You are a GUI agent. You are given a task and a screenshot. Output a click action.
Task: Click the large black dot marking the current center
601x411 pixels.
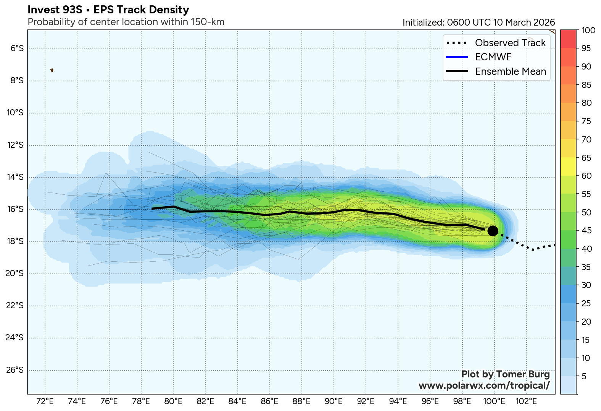[x=492, y=231]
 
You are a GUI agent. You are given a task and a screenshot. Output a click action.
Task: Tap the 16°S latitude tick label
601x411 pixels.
[x=15, y=209]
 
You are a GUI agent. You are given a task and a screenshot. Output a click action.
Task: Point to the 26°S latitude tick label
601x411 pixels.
[x=15, y=370]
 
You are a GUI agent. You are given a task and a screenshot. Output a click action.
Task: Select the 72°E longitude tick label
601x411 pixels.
[x=45, y=401]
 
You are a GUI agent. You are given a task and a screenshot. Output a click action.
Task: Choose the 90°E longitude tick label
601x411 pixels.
[x=334, y=401]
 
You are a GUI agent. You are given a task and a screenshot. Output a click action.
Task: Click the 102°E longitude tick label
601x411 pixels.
[x=526, y=401]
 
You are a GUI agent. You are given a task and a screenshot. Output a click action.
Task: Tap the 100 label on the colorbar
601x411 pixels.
[x=588, y=31]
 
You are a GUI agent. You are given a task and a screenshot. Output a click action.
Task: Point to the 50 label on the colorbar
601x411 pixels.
[x=586, y=213]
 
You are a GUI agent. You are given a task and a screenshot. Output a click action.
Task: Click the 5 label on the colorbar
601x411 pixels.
[x=584, y=377]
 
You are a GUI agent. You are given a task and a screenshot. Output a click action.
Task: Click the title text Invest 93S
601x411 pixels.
[x=55, y=10]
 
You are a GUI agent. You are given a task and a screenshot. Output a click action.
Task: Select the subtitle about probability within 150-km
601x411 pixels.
[x=126, y=22]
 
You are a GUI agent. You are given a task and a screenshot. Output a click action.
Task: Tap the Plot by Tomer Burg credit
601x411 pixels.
[x=505, y=374]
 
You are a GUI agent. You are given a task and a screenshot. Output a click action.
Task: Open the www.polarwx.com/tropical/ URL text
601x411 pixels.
[x=484, y=386]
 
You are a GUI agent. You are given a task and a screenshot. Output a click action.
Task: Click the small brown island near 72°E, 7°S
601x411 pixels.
[x=52, y=70]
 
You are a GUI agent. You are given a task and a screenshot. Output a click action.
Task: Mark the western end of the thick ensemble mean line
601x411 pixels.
[x=152, y=209]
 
